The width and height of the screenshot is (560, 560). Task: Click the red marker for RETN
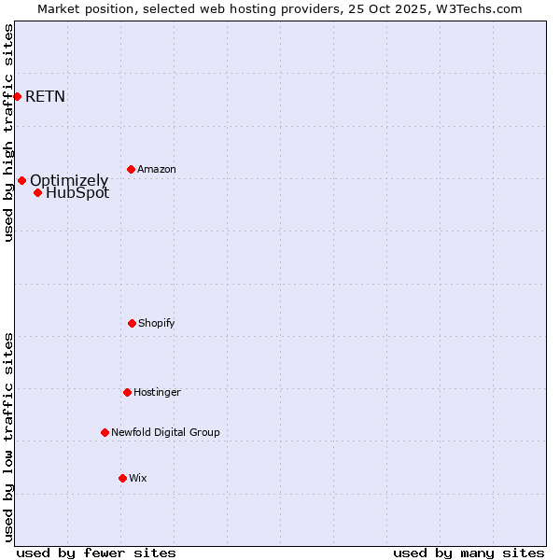tap(17, 96)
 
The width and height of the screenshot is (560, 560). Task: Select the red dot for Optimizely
tap(21, 180)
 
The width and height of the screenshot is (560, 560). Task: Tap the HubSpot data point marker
tap(37, 192)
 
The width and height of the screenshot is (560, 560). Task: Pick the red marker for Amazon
tap(131, 169)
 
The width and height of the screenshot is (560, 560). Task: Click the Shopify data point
tap(132, 323)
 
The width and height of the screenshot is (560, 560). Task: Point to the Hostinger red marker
tap(127, 392)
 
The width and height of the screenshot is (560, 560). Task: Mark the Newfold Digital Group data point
tap(105, 432)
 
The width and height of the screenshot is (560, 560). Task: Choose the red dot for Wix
tap(122, 478)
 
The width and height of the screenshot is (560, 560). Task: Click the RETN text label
tap(45, 96)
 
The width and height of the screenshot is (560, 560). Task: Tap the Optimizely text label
tap(69, 180)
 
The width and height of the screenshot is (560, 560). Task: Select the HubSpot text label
tap(77, 193)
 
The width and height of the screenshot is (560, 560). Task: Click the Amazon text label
tap(157, 169)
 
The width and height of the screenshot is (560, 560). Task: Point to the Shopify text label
tap(157, 323)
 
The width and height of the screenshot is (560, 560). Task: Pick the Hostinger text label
tap(157, 392)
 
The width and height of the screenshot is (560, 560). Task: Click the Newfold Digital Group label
tap(165, 432)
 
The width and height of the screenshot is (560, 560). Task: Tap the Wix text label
tap(138, 478)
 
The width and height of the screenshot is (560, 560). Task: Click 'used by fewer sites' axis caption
tap(96, 553)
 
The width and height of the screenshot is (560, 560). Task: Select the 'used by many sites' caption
tap(469, 553)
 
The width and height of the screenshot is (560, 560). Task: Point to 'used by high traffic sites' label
tap(8, 133)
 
